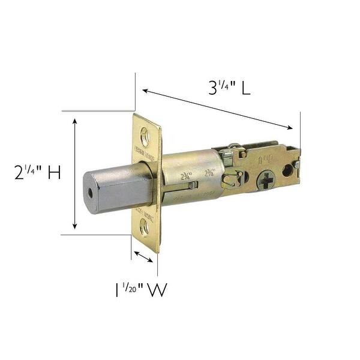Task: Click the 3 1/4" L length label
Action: [x=229, y=88]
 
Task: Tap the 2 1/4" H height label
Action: [x=37, y=173]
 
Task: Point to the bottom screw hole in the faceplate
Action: [x=145, y=227]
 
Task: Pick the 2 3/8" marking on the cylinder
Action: [x=209, y=173]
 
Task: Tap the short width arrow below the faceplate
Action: [x=144, y=257]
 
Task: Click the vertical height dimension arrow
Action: [x=74, y=173]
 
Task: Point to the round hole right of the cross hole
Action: [x=287, y=171]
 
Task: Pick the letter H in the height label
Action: [x=53, y=173]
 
